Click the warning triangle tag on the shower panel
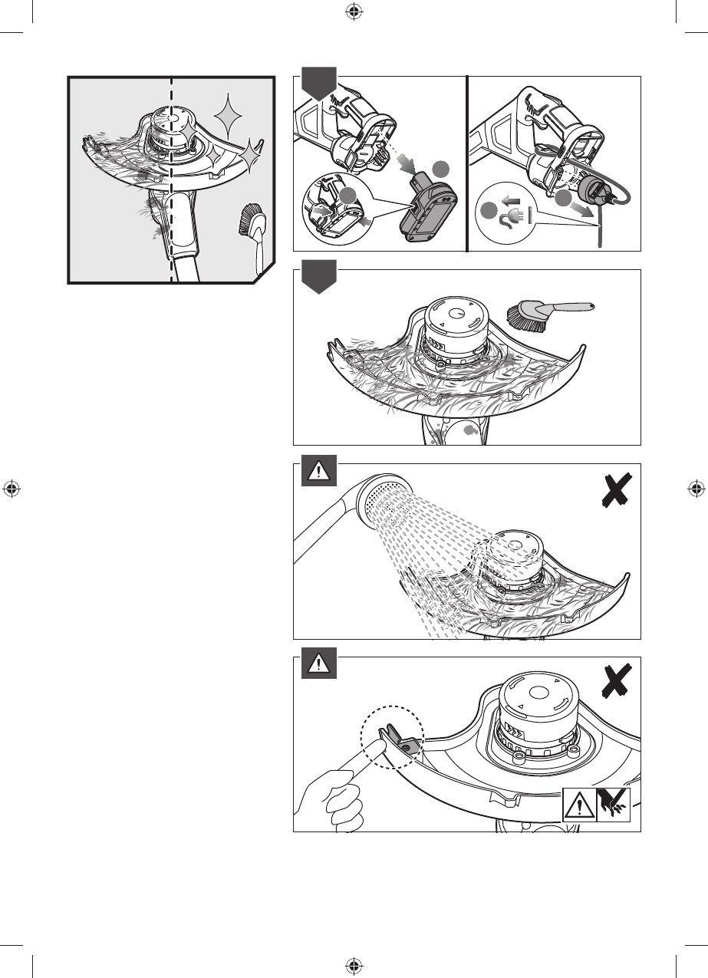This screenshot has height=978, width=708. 315,473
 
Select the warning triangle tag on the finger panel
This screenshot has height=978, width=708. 315,666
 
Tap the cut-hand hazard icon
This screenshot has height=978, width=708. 613,805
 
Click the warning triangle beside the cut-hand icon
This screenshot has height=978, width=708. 579,805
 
